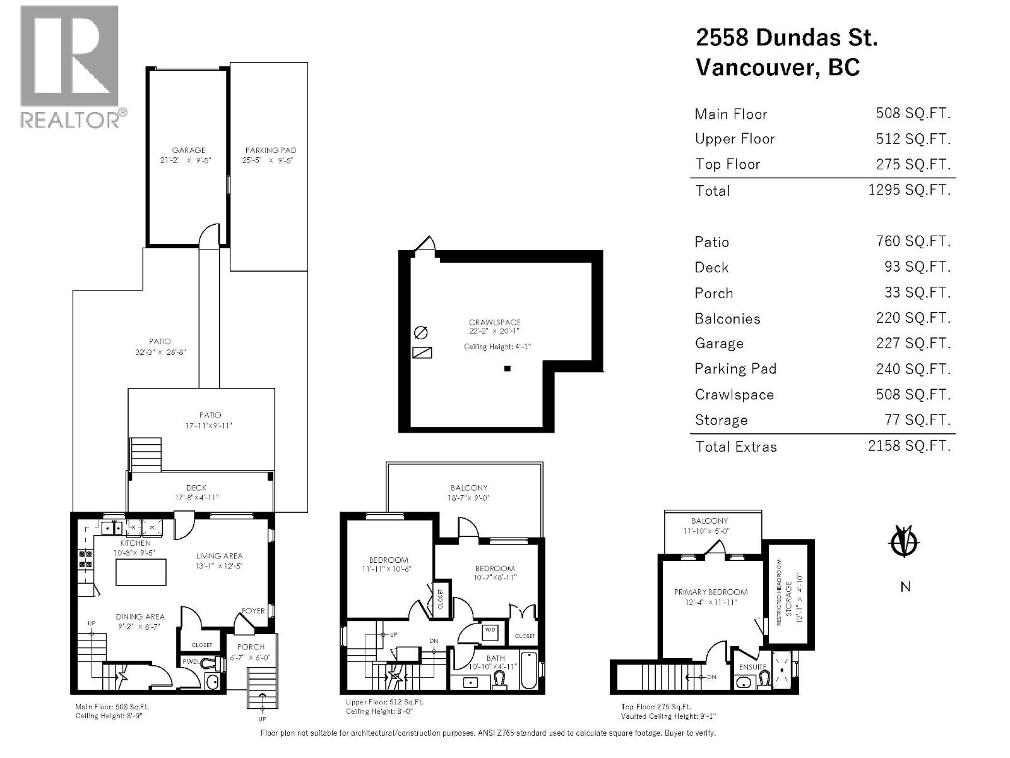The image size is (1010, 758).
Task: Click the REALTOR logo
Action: tap(69, 66)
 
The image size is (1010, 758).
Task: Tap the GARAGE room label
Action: tap(189, 150)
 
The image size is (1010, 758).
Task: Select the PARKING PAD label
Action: tap(271, 150)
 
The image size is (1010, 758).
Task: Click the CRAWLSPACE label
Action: tap(494, 322)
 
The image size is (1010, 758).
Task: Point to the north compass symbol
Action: tap(904, 541)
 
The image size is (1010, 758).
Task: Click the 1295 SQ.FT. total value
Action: tap(909, 190)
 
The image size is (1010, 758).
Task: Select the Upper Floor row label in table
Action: tap(734, 139)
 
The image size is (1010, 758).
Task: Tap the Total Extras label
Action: tap(735, 447)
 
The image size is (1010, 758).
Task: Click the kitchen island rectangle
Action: tap(141, 573)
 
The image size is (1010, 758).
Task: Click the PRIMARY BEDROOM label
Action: tap(710, 593)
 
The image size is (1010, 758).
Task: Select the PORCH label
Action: tap(251, 647)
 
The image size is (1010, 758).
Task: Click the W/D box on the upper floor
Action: tap(490, 630)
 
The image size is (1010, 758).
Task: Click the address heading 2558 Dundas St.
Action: tap(786, 38)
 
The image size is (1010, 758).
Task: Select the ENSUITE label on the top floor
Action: tap(752, 667)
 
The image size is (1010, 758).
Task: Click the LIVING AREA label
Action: tap(219, 556)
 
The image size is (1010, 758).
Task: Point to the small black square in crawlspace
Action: tap(507, 369)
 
